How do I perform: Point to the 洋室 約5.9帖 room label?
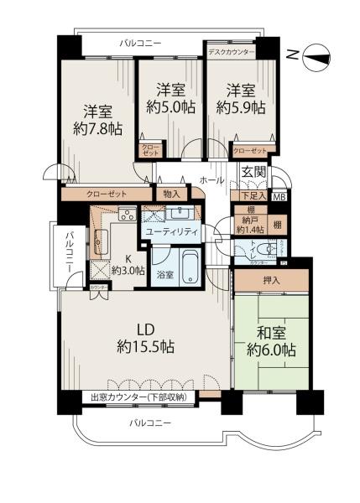coord(239,98)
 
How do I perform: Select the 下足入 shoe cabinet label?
coord(253,197)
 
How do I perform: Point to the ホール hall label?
coord(211,179)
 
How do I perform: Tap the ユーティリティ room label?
coord(171,231)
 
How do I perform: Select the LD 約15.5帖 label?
coord(143,336)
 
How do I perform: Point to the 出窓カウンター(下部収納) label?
coord(139,397)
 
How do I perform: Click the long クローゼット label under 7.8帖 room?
coord(106,194)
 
